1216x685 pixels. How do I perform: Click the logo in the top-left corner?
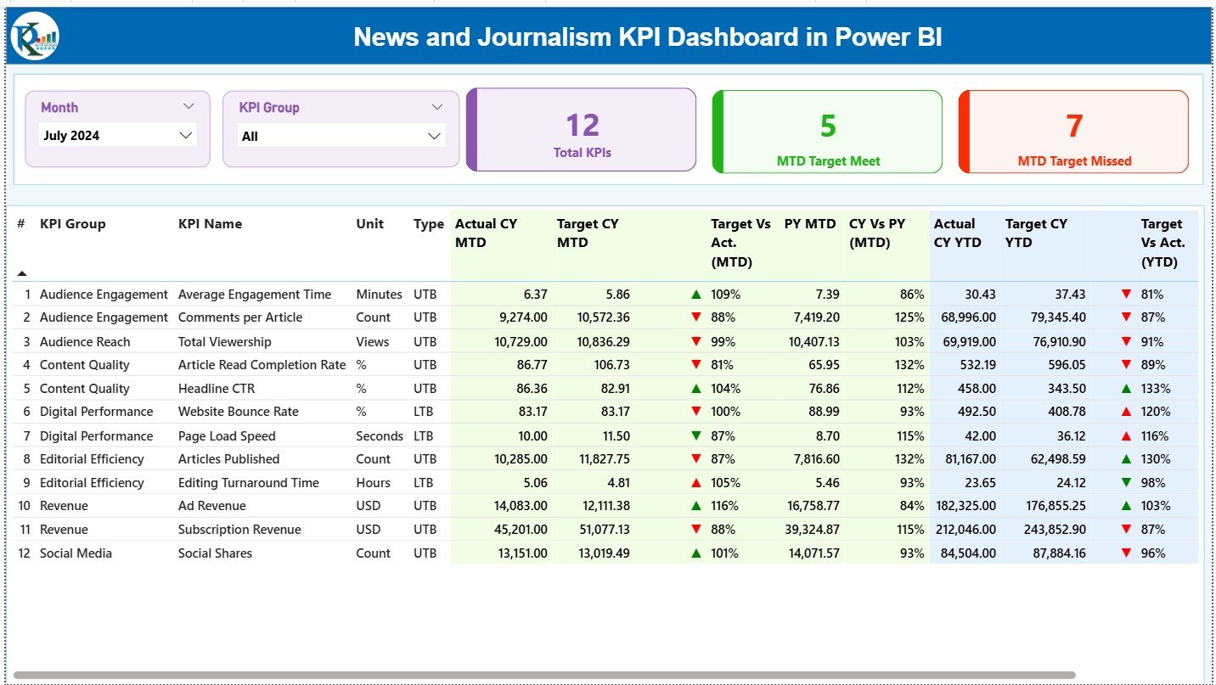(35, 36)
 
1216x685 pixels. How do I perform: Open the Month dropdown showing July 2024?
(117, 135)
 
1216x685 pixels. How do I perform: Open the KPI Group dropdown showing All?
(341, 136)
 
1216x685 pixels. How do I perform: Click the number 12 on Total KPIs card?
(583, 126)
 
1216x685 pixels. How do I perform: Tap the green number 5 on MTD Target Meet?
(828, 126)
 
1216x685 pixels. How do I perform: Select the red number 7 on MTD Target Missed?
(1074, 126)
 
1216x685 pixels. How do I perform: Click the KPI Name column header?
(210, 224)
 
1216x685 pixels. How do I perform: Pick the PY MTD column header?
(810, 224)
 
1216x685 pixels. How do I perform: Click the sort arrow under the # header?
(22, 273)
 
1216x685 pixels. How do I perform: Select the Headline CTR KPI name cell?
(216, 388)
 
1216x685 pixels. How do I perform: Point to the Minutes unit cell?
(379, 295)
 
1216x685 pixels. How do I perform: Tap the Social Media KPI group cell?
(76, 553)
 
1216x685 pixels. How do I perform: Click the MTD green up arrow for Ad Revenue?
(696, 506)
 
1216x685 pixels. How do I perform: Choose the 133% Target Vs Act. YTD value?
(1156, 388)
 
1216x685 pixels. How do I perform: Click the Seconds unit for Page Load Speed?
(380, 436)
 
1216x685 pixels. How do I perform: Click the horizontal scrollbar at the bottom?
(543, 676)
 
